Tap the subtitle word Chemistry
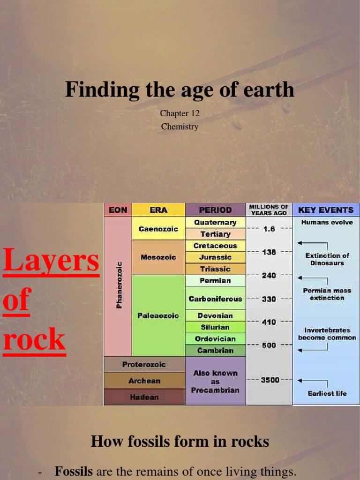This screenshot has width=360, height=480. [180, 127]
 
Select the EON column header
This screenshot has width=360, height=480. [118, 210]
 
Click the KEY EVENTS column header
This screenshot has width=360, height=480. [326, 210]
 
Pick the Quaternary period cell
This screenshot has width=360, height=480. [215, 222]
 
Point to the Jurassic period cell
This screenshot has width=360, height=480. [215, 257]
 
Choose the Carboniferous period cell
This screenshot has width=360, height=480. [215, 299]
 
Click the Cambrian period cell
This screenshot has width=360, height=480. [215, 350]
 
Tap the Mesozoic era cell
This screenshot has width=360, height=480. [158, 257]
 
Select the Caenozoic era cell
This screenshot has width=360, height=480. [158, 229]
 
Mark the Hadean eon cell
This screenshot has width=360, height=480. [144, 397]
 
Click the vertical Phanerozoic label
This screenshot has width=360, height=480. [119, 285]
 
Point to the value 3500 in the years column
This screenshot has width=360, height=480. [270, 380]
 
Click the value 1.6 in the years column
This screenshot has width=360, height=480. [269, 229]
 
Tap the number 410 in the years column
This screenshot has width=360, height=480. [269, 322]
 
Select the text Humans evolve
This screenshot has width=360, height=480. [327, 223]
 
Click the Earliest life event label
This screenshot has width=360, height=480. [327, 393]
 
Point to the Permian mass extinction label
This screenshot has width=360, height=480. [327, 294]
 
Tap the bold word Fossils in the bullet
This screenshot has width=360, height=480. [74, 472]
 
